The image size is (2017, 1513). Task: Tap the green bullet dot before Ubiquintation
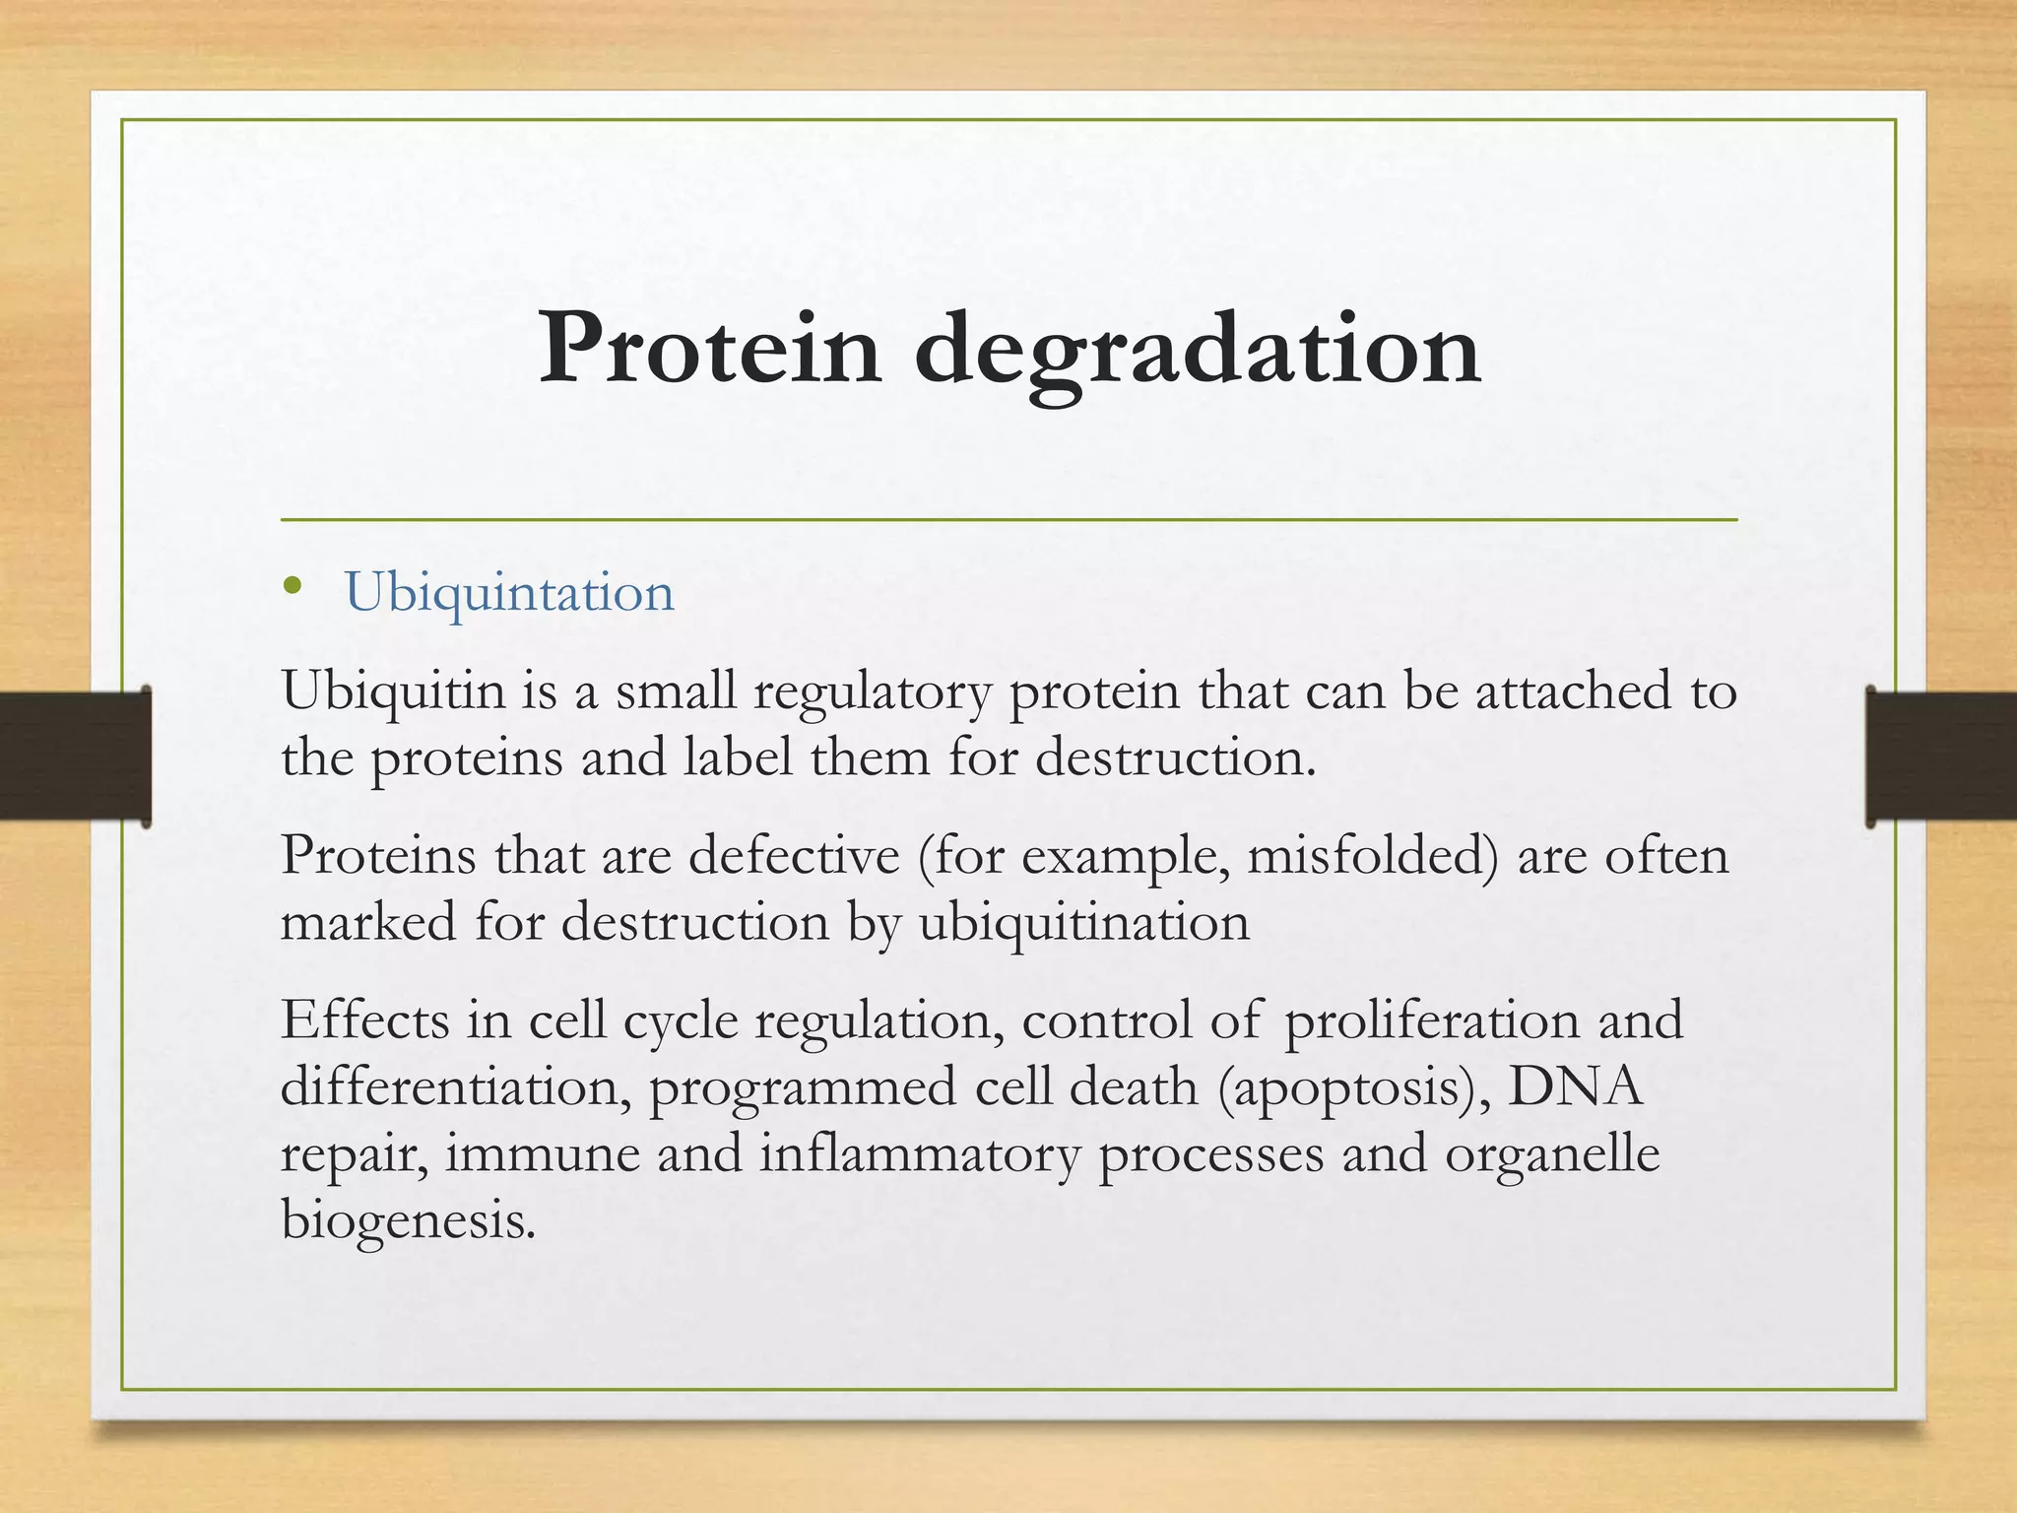(x=291, y=588)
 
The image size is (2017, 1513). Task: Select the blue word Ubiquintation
(x=509, y=593)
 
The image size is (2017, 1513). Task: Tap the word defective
(x=794, y=855)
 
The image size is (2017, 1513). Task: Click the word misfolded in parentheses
(x=1365, y=855)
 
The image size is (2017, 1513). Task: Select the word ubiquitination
(x=1084, y=924)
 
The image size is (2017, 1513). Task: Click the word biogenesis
(x=409, y=1221)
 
